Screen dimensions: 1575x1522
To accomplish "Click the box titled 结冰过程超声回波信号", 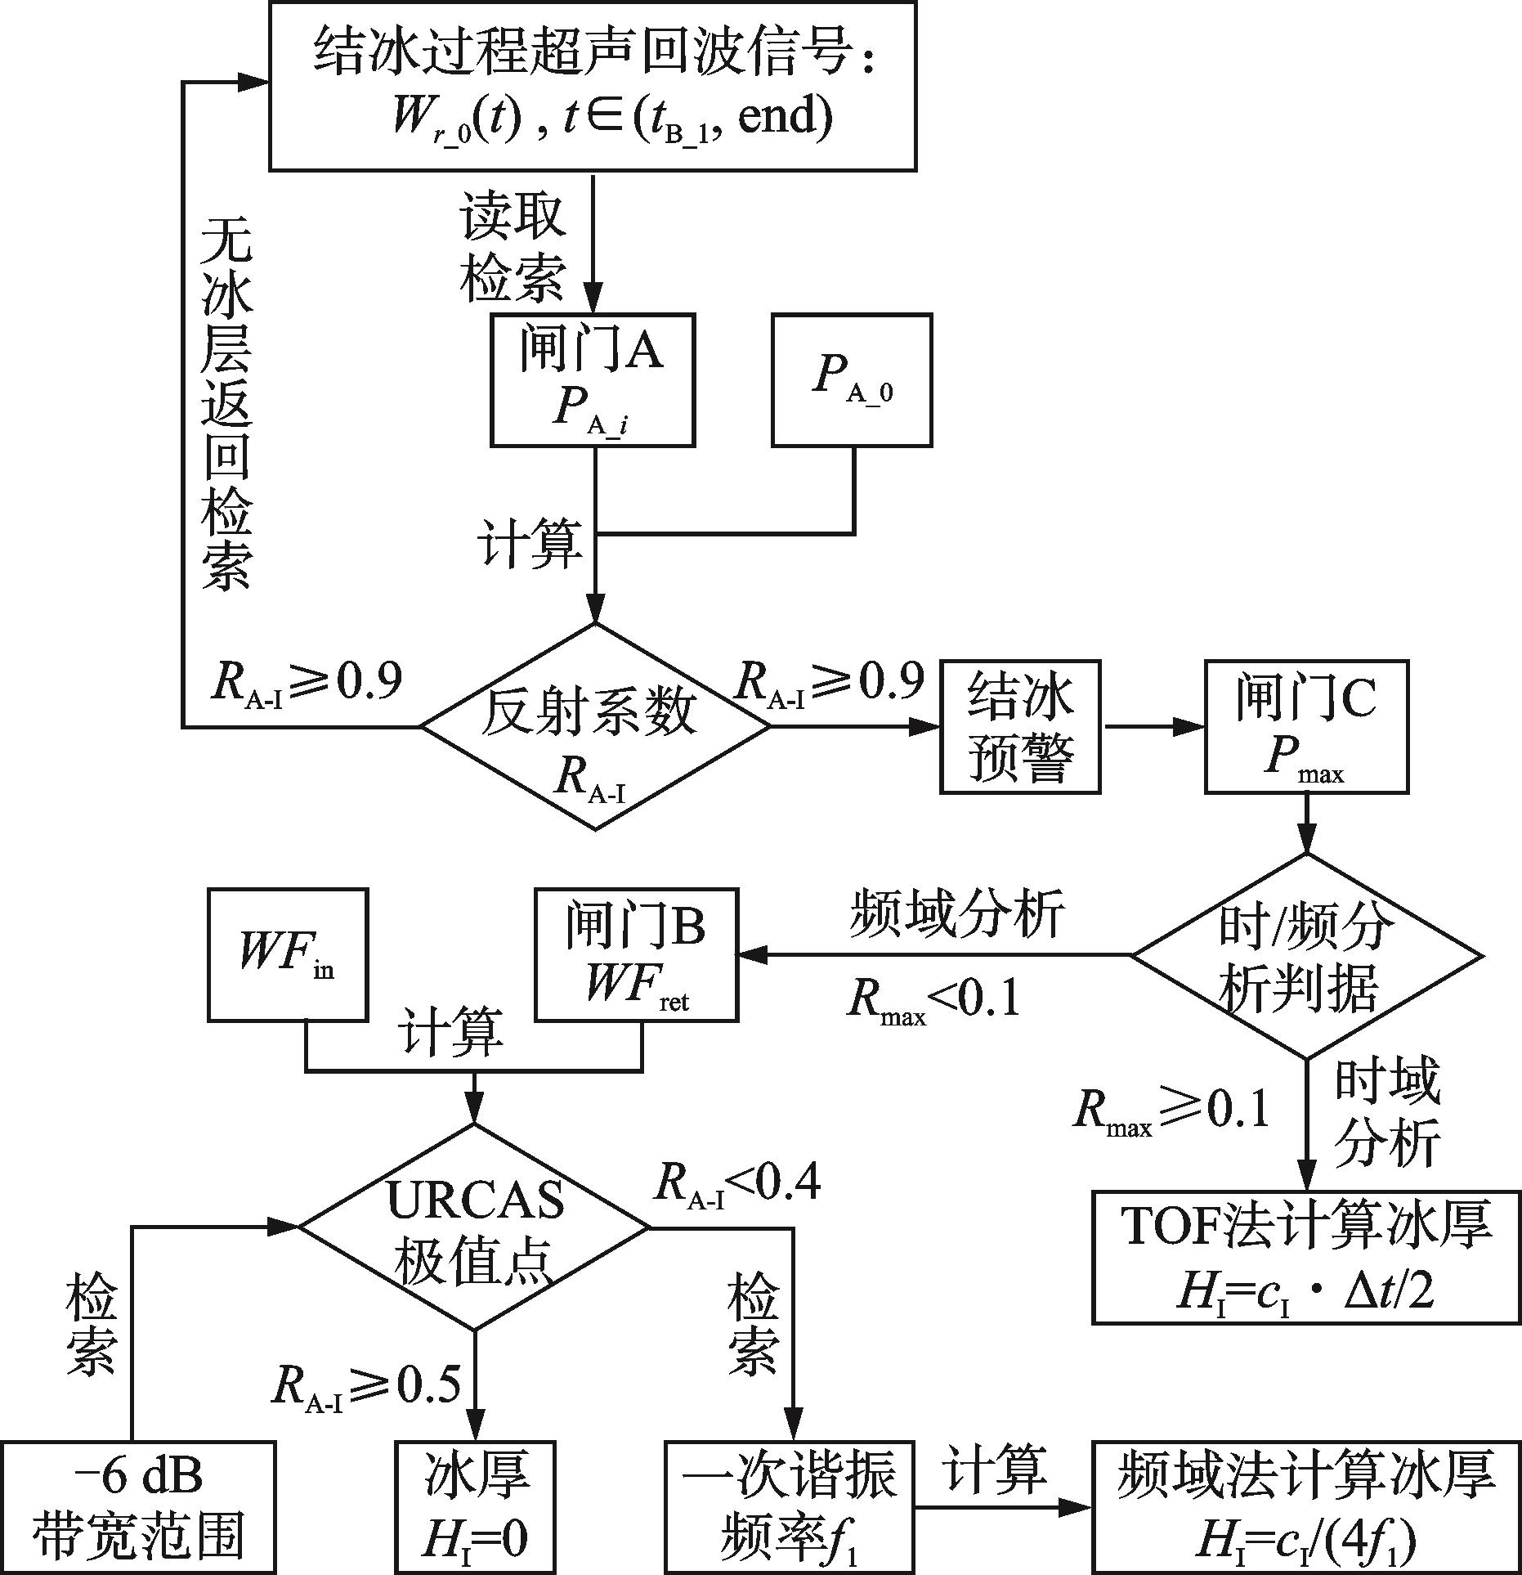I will [x=593, y=87].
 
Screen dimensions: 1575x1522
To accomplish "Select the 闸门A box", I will [x=593, y=380].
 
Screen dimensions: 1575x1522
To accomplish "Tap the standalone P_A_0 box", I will [x=852, y=380].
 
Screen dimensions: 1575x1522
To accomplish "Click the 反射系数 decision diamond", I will [x=594, y=727].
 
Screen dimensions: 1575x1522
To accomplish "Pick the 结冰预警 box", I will [x=1020, y=727].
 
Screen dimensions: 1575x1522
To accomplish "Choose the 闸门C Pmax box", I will [x=1306, y=727].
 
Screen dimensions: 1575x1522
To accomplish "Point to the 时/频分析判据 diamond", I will [x=1306, y=955].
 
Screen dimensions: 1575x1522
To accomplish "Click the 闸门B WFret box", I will [x=636, y=955].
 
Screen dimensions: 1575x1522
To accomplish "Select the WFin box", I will [x=288, y=955].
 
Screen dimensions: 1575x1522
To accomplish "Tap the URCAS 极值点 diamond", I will [x=474, y=1227].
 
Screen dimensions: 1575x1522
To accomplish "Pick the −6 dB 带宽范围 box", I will [x=137, y=1507].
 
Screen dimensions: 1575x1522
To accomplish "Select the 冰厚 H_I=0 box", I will [x=475, y=1507].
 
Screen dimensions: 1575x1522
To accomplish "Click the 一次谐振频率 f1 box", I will [x=790, y=1507].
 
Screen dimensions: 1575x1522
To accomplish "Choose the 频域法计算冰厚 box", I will [x=1306, y=1507].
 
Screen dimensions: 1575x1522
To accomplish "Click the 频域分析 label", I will [x=957, y=913].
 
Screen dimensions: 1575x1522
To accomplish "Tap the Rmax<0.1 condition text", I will [x=933, y=999].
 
